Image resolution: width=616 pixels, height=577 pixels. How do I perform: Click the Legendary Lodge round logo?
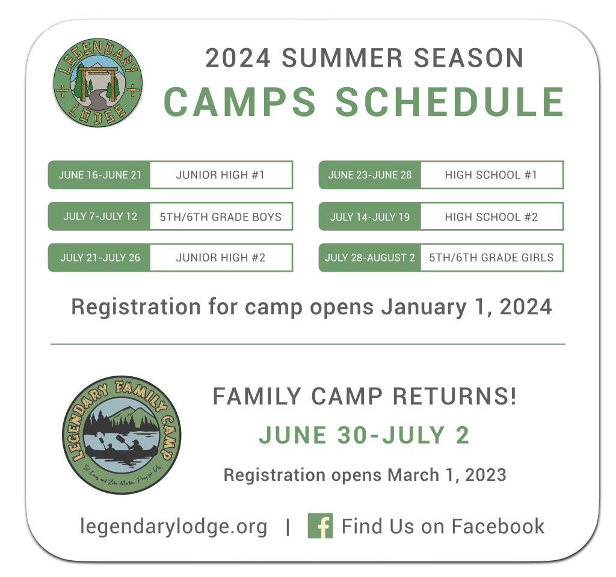(98, 83)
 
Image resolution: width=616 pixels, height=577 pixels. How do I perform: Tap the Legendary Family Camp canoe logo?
(122, 435)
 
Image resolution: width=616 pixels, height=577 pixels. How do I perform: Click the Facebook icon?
(320, 525)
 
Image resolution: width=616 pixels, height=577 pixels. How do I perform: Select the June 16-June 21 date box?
(99, 175)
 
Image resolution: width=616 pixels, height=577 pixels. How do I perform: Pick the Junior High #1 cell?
(221, 175)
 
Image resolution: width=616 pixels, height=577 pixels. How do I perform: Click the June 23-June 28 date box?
(370, 175)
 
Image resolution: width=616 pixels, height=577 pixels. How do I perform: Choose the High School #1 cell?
(492, 175)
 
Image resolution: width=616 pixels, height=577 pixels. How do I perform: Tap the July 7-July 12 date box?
(99, 216)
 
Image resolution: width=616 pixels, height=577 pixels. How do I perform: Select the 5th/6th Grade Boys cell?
(221, 216)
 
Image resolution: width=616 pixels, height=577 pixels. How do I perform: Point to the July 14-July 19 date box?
(370, 216)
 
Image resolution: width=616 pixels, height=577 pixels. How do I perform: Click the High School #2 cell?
(492, 216)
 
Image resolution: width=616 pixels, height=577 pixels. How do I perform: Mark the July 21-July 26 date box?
(99, 257)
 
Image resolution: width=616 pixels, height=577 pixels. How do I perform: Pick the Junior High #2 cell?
(221, 257)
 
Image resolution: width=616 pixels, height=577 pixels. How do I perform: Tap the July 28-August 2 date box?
(370, 257)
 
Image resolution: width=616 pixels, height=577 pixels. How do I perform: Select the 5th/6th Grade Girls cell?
(492, 257)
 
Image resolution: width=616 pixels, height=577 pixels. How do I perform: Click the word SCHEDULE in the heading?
(449, 102)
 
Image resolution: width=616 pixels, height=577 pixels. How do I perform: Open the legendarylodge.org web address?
(173, 527)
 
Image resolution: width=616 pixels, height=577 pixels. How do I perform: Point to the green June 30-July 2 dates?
(364, 435)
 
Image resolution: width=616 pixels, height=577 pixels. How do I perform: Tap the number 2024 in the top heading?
(238, 58)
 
